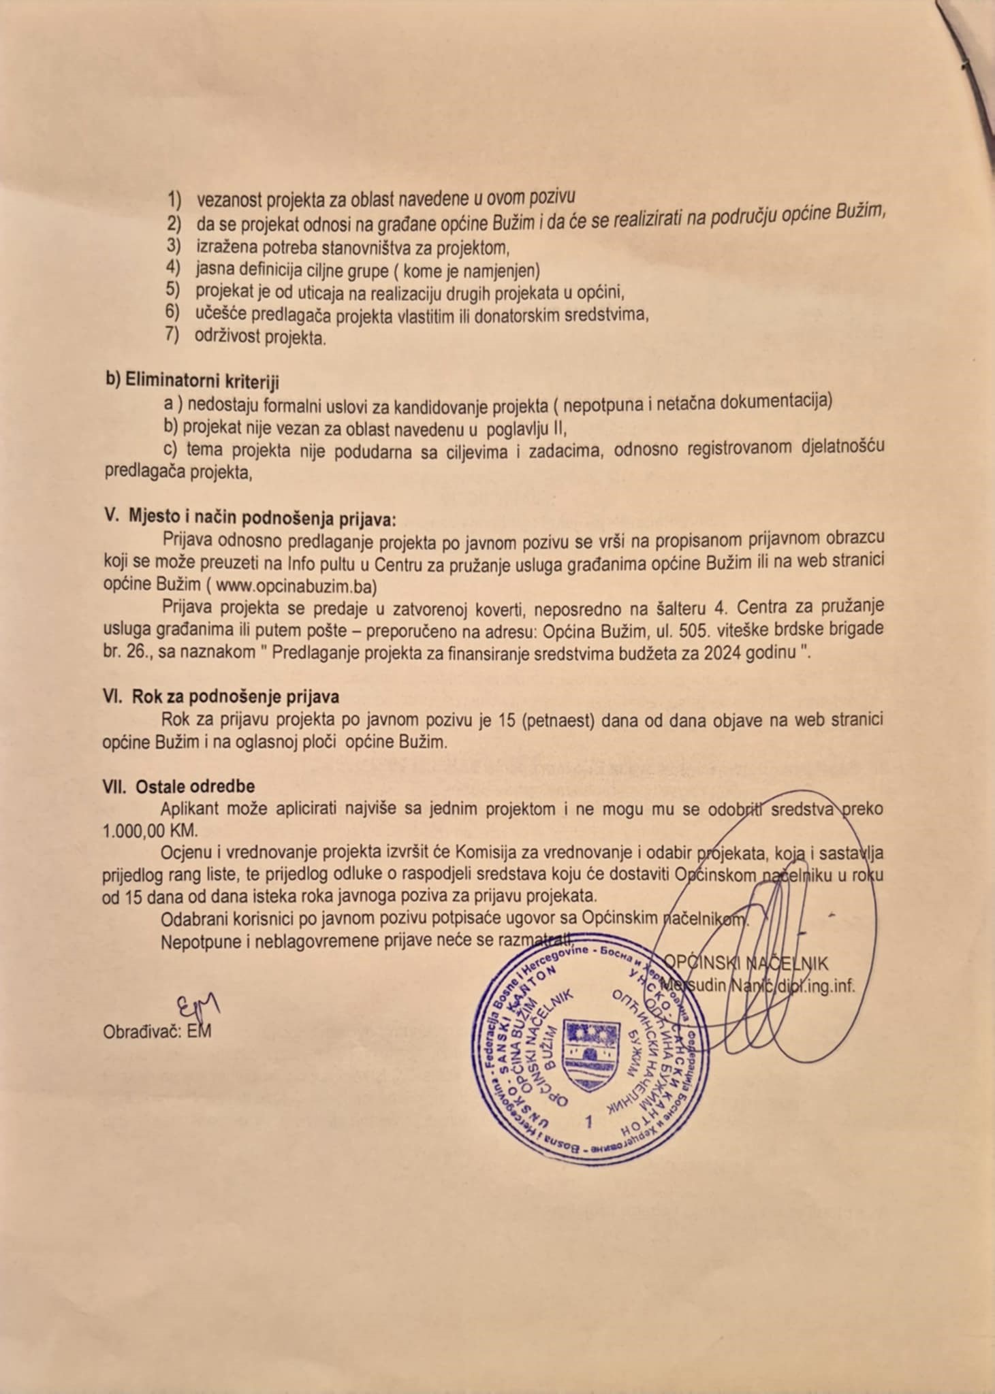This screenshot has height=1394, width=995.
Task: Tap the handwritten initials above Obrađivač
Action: click(198, 1006)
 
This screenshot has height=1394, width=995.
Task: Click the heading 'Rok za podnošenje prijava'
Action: click(235, 697)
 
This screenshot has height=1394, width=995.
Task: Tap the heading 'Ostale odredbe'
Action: click(195, 786)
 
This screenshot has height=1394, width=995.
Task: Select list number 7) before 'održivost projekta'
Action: click(172, 335)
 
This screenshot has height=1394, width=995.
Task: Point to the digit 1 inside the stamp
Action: click(589, 1121)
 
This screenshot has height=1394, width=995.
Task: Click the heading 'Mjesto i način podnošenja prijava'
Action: click(262, 517)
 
